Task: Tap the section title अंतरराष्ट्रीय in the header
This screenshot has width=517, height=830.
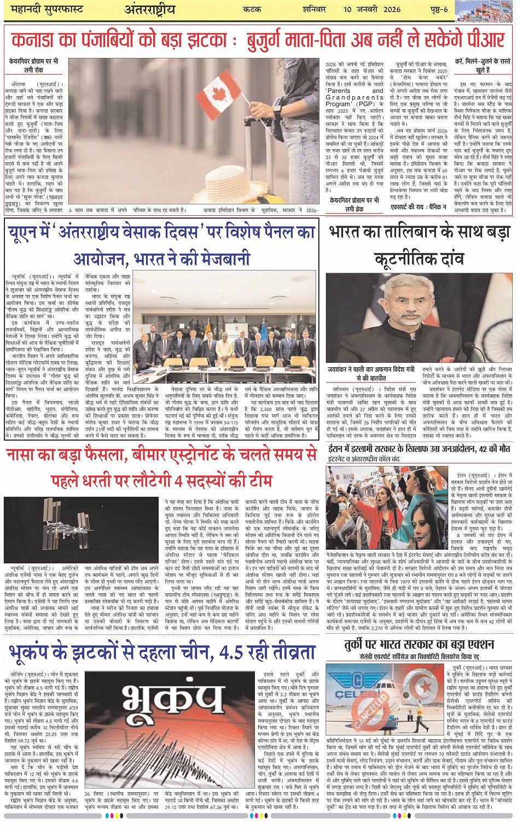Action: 149,10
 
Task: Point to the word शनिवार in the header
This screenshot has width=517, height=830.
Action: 314,9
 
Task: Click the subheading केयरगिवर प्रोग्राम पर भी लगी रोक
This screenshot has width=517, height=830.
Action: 33,66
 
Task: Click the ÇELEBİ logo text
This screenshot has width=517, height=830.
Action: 350,696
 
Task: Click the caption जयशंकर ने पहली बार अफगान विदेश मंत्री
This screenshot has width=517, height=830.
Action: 370,370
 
